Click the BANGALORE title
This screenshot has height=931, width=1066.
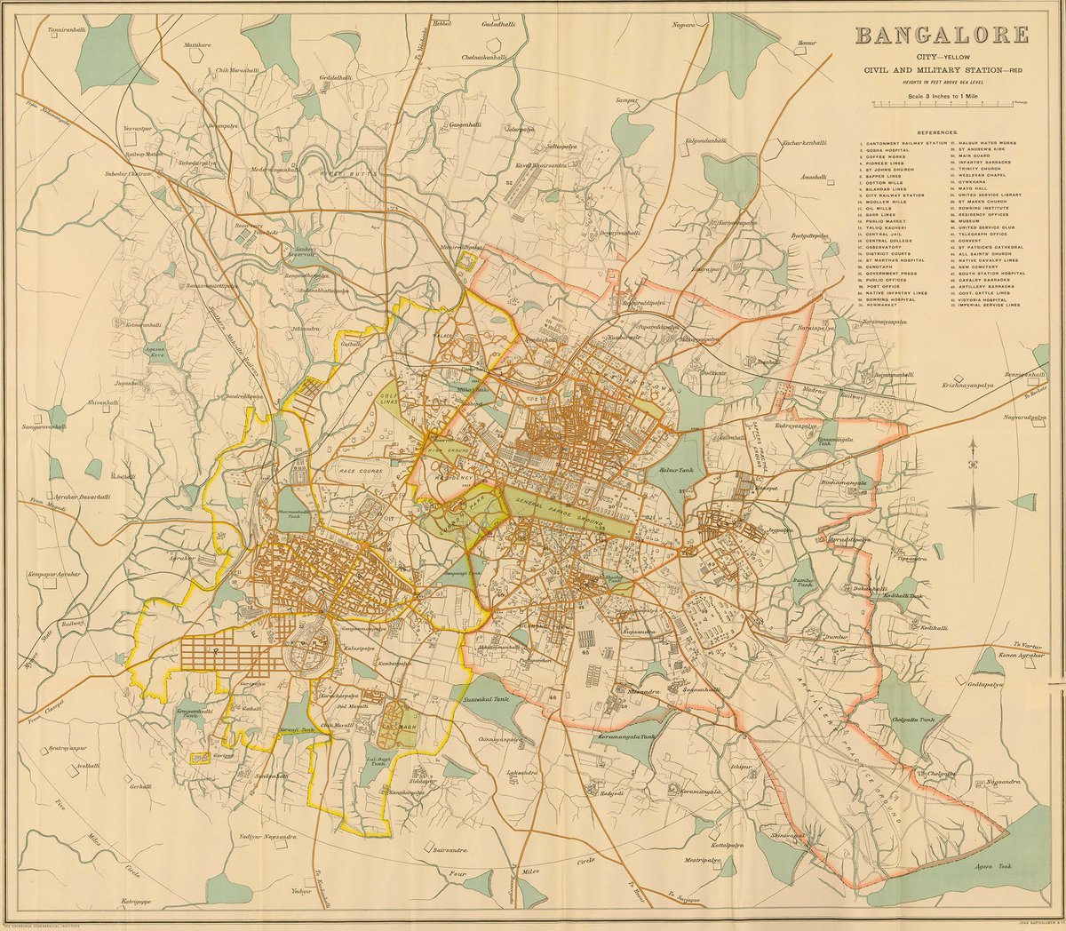tap(942, 36)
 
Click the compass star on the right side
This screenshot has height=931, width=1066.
tap(975, 507)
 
